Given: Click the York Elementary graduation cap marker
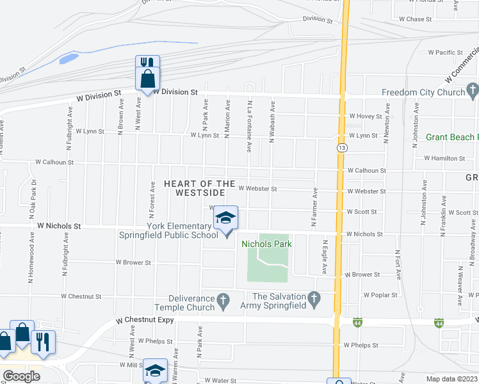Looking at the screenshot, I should coord(225,218).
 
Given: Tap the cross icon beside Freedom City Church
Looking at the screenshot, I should coord(473,88).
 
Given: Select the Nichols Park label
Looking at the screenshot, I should coord(266,244).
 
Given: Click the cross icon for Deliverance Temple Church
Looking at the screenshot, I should coord(223,300).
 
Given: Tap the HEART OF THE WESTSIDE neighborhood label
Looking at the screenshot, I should coord(195,188).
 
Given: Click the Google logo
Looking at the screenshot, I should coord(21,376).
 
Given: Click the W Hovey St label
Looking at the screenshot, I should coord(366,116).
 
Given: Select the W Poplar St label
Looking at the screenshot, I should coord(380,295).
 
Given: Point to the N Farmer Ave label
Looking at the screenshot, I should coord(314,207).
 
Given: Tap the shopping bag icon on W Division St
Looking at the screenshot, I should coord(147,79).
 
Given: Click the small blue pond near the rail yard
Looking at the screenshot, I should coord(68,59).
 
